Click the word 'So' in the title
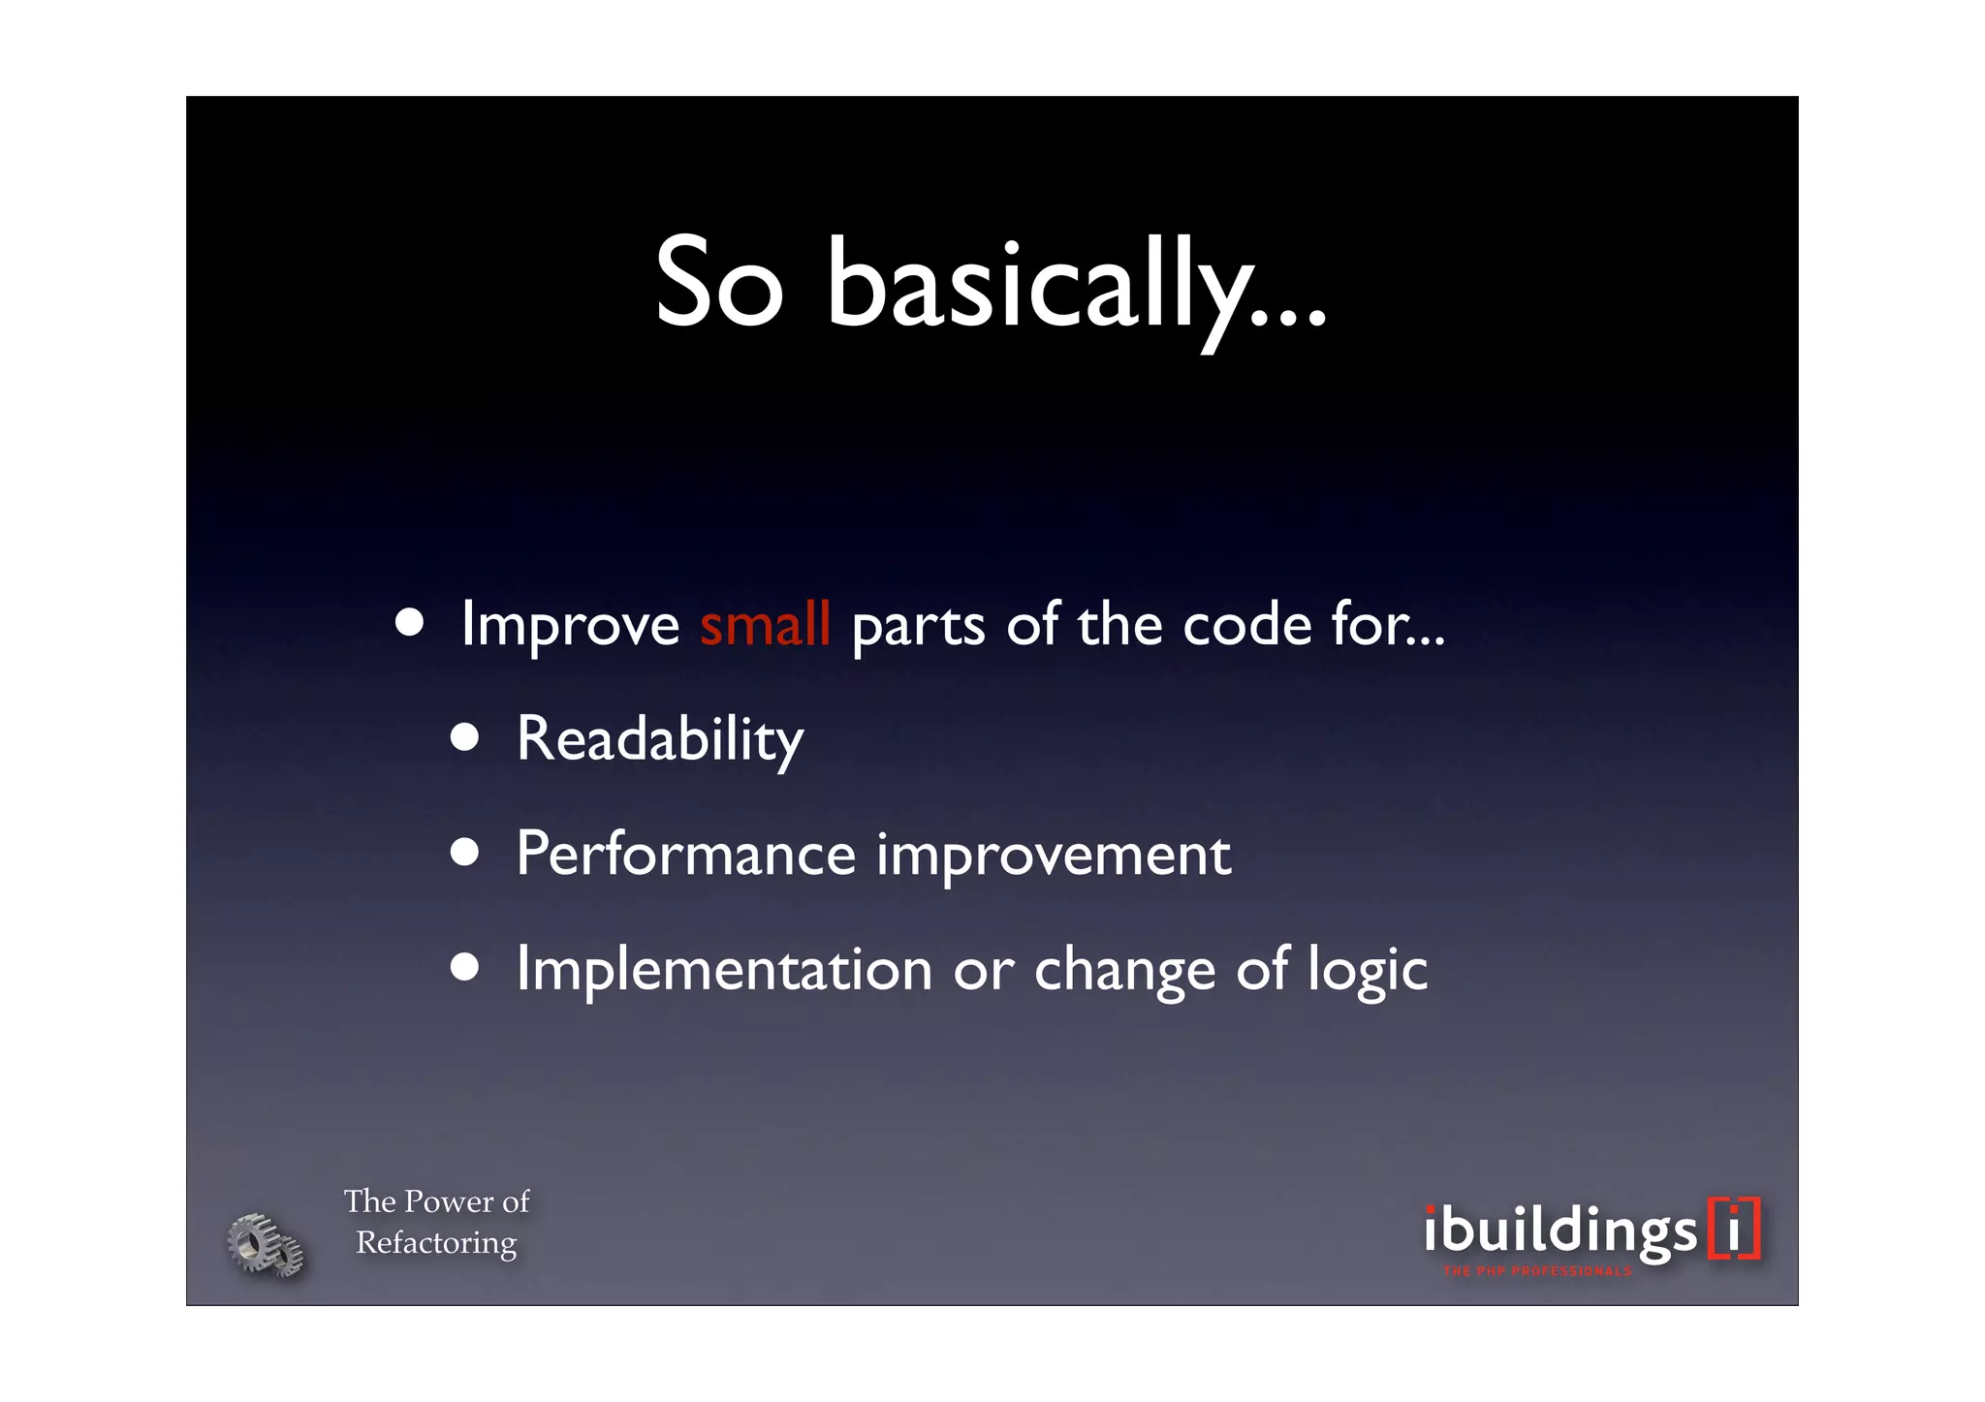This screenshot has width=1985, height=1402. point(718,283)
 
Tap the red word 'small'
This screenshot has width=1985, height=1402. point(765,624)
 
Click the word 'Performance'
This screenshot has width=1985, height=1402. point(685,855)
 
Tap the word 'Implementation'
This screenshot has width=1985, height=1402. point(724,970)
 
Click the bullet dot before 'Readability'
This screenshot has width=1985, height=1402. point(465,737)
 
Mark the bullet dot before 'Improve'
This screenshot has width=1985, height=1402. point(409,623)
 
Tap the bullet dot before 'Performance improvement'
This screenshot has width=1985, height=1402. point(465,852)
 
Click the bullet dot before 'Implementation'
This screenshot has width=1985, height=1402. point(465,967)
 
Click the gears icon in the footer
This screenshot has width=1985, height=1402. point(265,1244)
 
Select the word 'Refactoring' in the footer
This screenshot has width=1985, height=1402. point(436,1242)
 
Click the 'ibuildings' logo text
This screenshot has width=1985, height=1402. point(1560,1231)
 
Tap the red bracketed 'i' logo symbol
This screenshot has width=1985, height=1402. point(1734,1229)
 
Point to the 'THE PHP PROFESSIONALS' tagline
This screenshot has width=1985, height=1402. point(1537,1271)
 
